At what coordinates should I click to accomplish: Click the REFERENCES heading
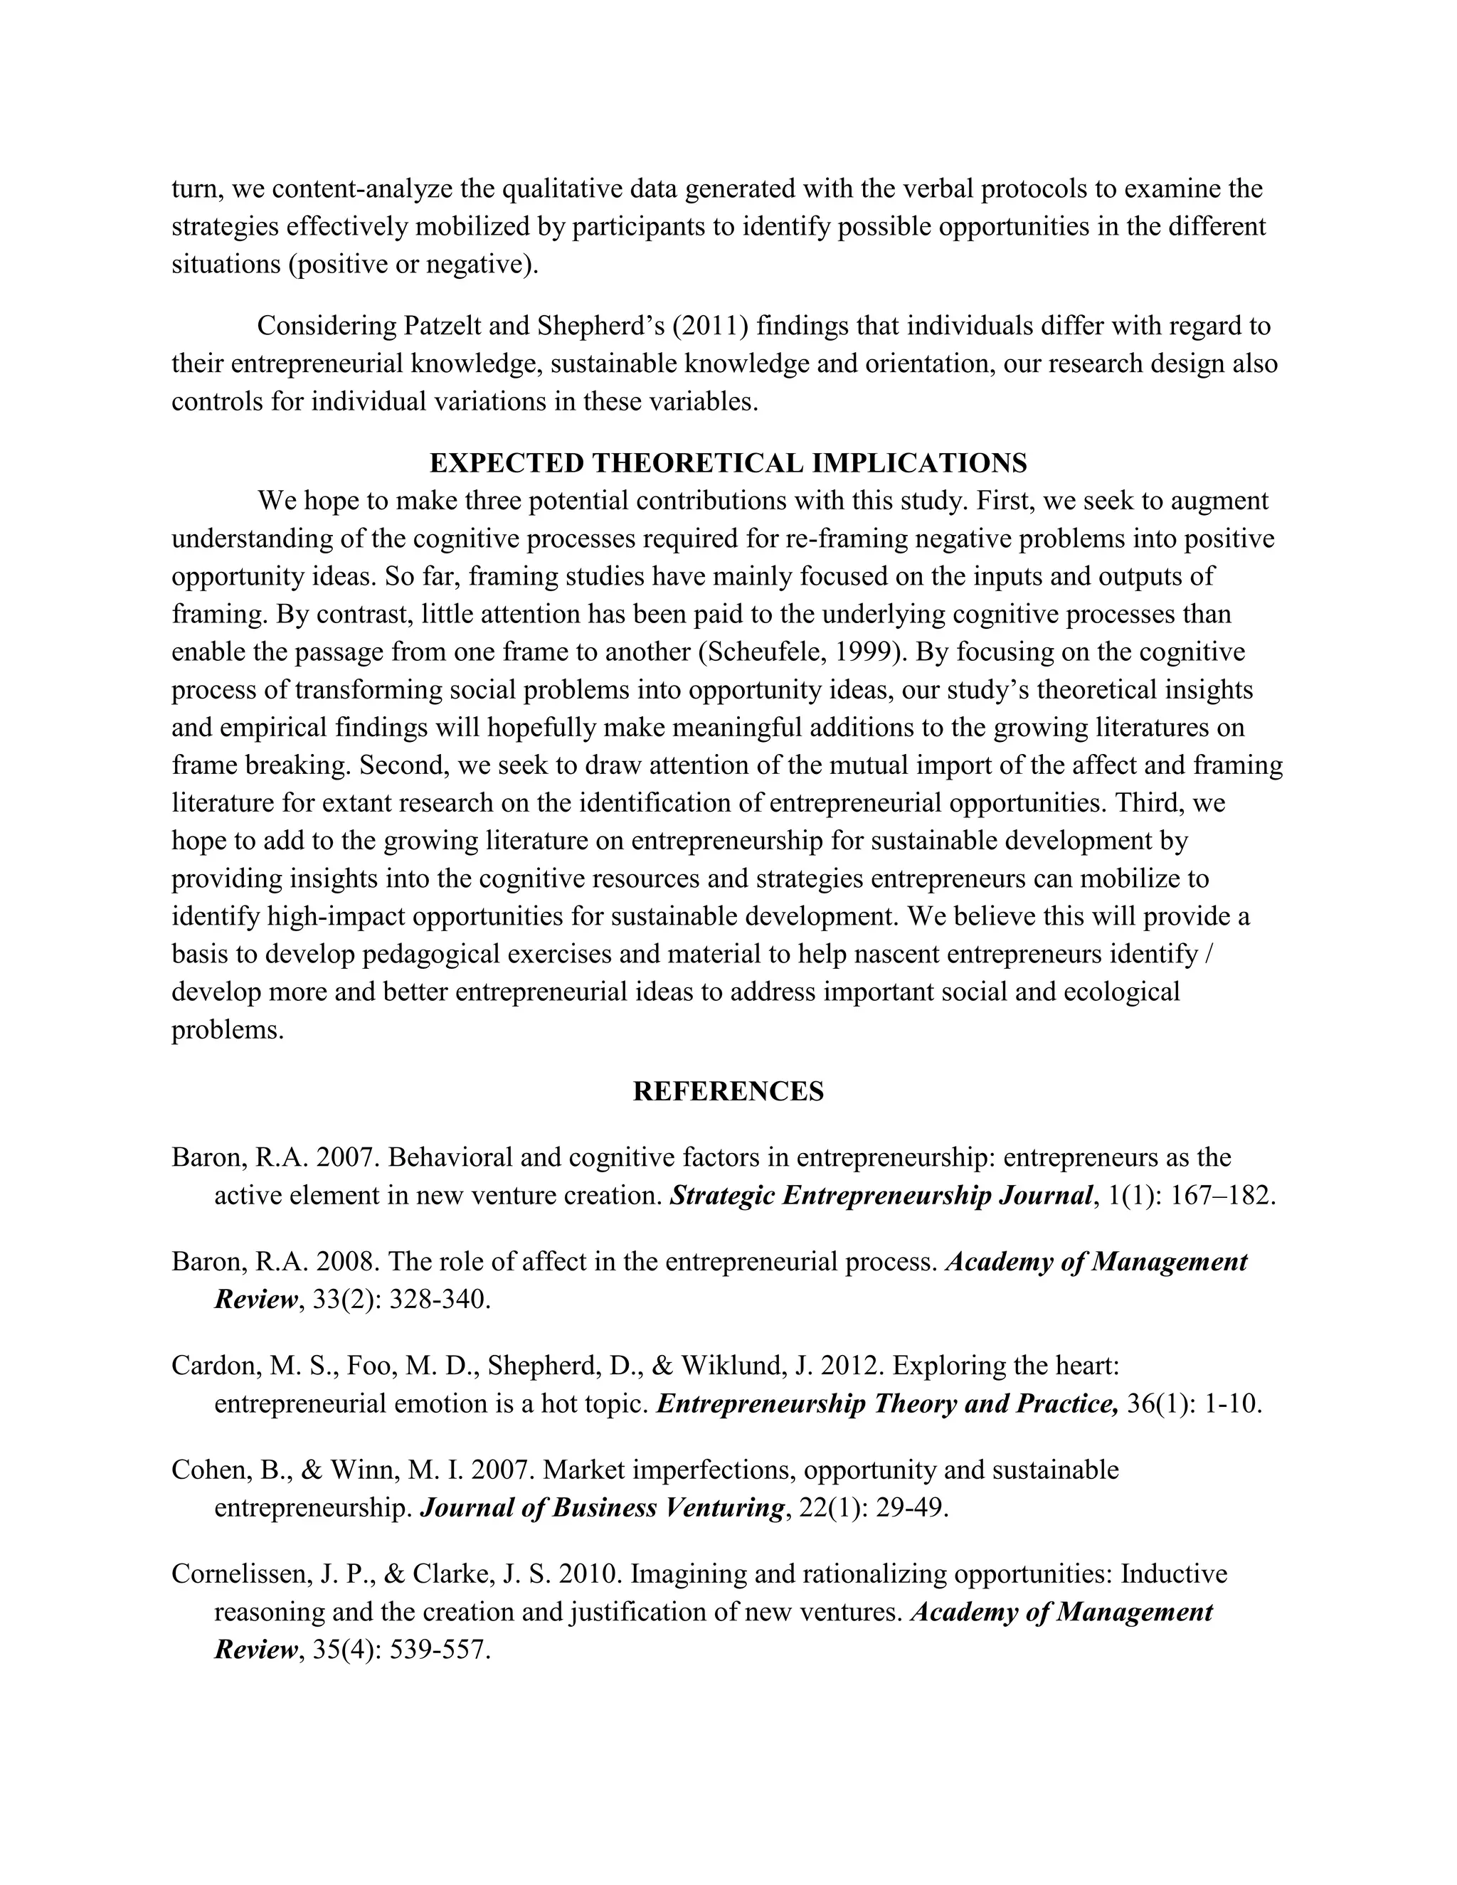pyautogui.click(x=728, y=1091)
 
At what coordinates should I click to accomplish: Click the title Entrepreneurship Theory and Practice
pyautogui.click(x=886, y=1403)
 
